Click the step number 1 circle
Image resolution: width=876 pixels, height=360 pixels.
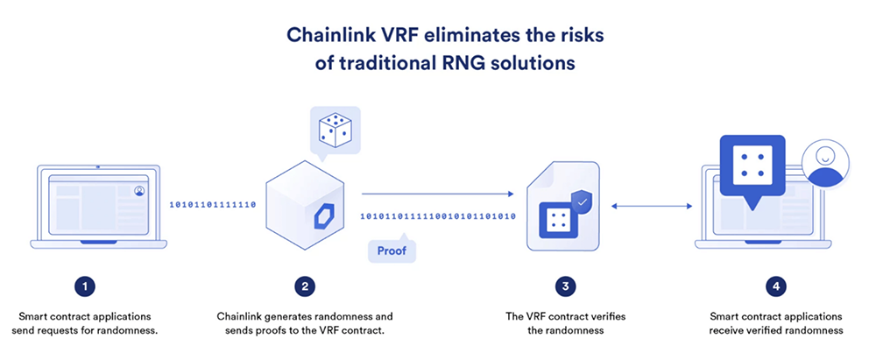[x=84, y=286]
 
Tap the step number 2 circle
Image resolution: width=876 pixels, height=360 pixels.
[x=305, y=286]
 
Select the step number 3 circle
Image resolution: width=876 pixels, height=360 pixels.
[x=565, y=286]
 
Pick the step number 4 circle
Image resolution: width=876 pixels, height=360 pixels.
[x=776, y=286]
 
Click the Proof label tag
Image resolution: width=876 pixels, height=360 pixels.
[x=392, y=251]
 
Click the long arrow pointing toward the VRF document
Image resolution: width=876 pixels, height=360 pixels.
[x=437, y=194]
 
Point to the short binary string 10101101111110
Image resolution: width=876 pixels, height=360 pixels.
[x=213, y=205]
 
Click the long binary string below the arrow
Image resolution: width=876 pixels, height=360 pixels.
[x=438, y=215]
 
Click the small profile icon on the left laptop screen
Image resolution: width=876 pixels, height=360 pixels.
[x=139, y=191]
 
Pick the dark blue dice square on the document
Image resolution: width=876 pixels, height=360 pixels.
[x=555, y=218]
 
